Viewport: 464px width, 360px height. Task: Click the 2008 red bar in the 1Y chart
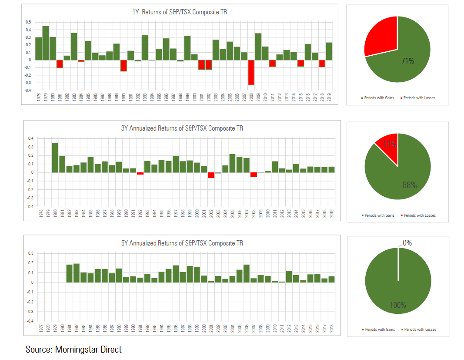click(251, 72)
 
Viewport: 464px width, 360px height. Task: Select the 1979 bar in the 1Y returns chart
click(45, 43)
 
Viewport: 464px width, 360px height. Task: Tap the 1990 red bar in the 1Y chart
click(124, 65)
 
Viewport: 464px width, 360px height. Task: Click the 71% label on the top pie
click(407, 61)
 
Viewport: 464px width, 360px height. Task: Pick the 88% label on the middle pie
click(409, 185)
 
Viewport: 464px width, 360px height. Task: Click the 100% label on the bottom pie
click(397, 305)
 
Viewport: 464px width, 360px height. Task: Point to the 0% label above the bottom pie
click(407, 243)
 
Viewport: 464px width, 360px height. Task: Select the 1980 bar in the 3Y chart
click(55, 157)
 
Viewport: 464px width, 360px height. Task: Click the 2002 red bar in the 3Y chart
click(211, 175)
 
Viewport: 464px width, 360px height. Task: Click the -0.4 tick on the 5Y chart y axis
click(30, 321)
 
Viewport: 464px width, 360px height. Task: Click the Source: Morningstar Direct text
click(73, 349)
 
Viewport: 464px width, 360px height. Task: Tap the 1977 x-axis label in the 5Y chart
click(41, 330)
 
